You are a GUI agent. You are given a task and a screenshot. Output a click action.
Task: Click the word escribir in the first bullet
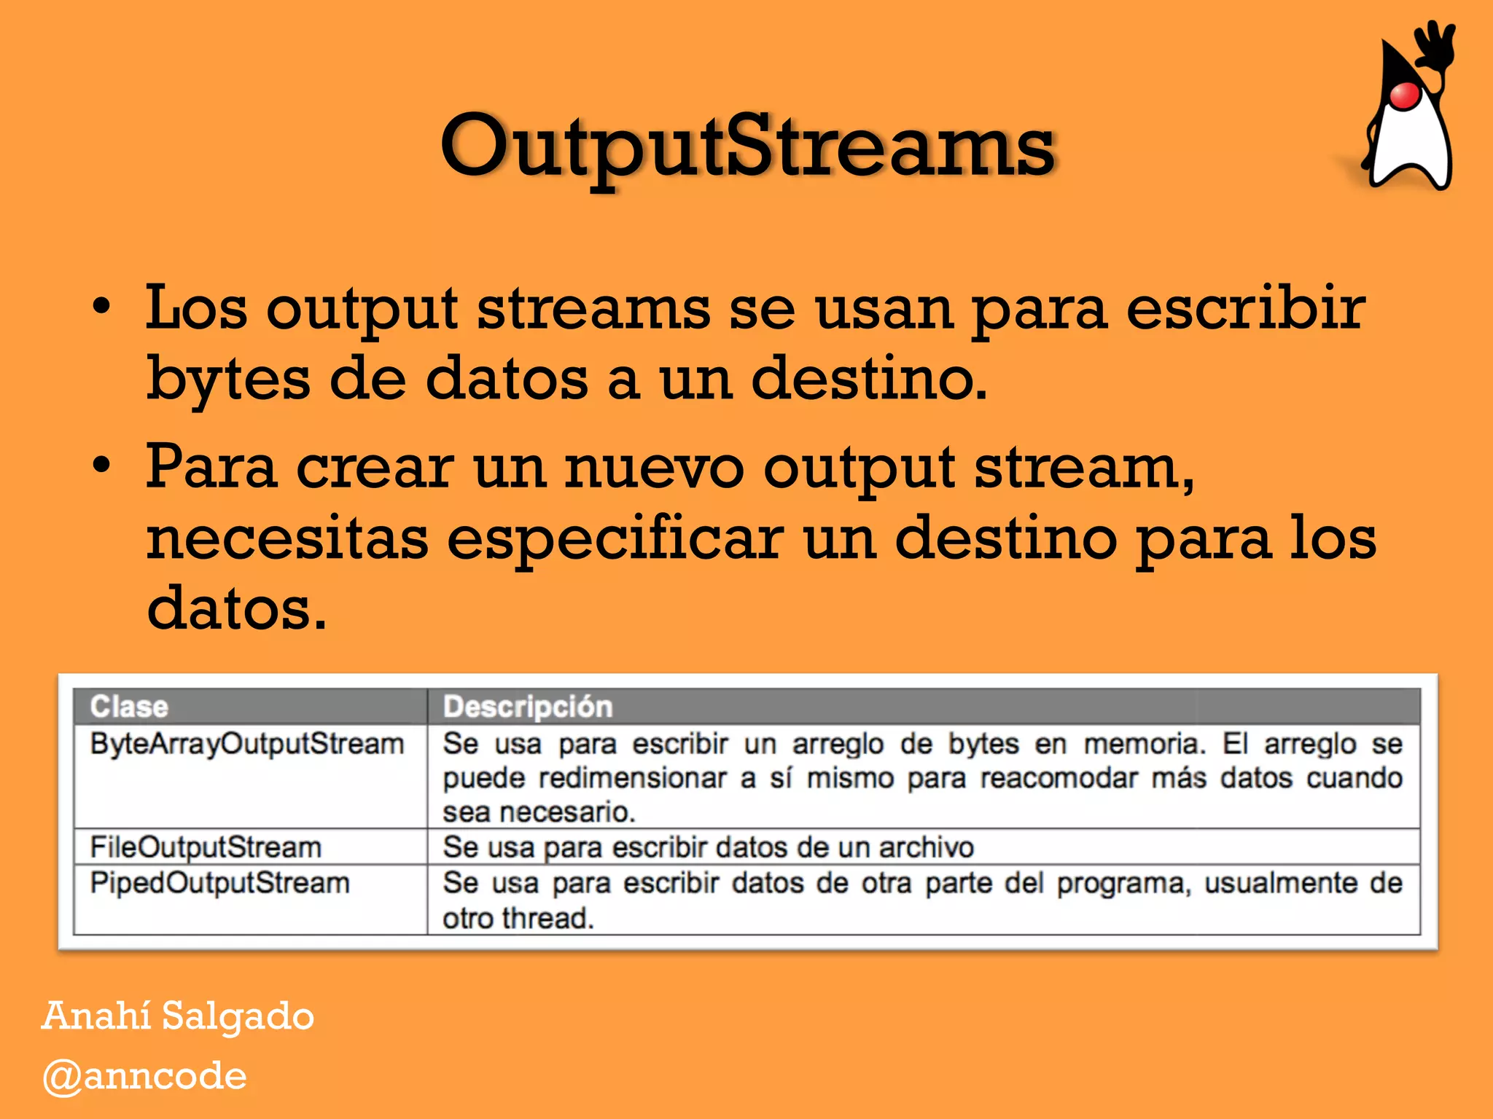tap(1245, 308)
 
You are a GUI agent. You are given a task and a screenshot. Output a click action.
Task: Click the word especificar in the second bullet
tap(614, 539)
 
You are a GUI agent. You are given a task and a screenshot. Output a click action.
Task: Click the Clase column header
tap(129, 707)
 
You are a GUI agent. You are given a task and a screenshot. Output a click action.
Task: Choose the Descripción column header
tap(528, 707)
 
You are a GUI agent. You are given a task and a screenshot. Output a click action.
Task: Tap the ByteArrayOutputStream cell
tap(246, 744)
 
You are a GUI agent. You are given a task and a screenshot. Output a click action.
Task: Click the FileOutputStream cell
tap(206, 847)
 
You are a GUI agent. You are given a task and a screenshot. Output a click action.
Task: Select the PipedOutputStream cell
tap(219, 883)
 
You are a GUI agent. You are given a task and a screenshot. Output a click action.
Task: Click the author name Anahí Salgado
tap(178, 1016)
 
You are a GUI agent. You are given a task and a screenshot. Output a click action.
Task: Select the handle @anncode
tap(144, 1076)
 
